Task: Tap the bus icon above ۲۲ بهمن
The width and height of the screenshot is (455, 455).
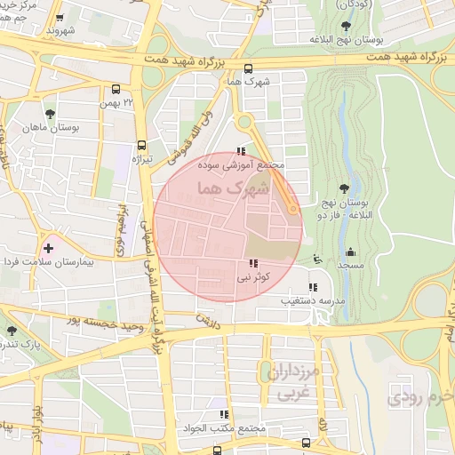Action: click(116, 89)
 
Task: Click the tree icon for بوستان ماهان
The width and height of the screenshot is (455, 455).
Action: click(50, 114)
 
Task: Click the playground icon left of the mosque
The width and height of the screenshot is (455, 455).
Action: click(318, 259)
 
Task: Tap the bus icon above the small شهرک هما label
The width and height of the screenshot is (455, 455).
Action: click(248, 68)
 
